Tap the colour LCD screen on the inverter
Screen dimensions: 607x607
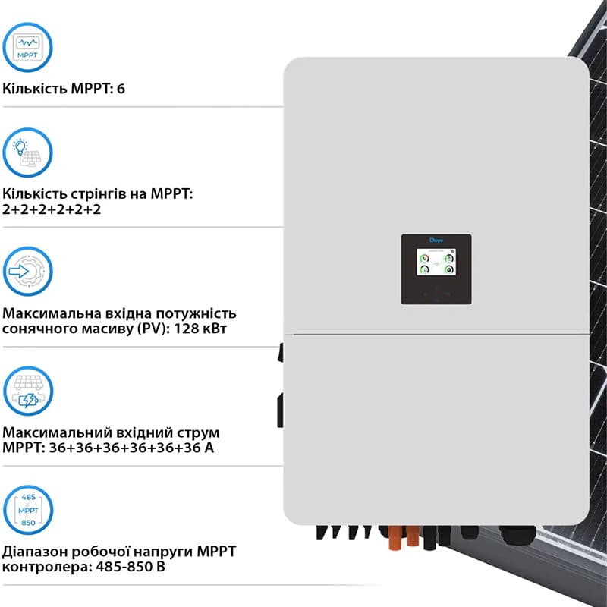point(436,263)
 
